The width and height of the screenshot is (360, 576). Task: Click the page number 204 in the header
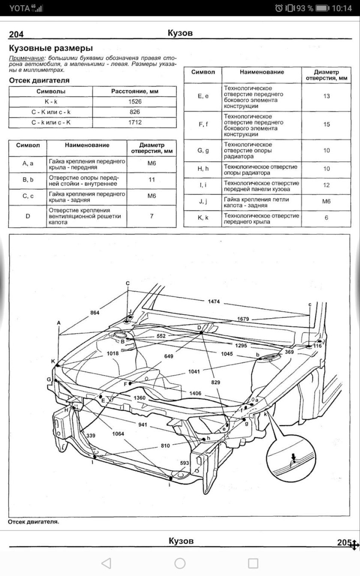(x=16, y=35)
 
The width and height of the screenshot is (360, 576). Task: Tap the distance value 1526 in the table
(x=135, y=102)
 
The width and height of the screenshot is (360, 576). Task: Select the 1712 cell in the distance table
(x=135, y=123)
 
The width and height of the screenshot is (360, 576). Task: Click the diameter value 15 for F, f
(x=327, y=125)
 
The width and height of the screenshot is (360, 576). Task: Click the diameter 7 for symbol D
(x=151, y=216)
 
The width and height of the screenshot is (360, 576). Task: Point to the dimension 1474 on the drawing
(x=213, y=302)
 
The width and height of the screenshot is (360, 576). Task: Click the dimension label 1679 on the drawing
(x=243, y=319)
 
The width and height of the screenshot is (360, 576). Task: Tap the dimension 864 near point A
(x=95, y=313)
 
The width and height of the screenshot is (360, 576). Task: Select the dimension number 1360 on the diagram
(x=140, y=398)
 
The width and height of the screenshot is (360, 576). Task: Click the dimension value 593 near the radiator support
(x=184, y=463)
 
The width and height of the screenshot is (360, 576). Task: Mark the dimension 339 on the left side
(x=91, y=435)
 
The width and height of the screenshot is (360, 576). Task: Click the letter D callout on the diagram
(x=199, y=327)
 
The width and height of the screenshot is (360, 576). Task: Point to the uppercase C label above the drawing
(x=127, y=283)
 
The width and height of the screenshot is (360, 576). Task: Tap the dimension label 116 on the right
(x=317, y=345)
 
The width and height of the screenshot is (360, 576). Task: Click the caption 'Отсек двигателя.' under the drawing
(x=33, y=522)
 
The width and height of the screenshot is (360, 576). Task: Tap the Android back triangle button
(x=107, y=563)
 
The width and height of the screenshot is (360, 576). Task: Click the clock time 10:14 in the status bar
(x=341, y=8)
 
